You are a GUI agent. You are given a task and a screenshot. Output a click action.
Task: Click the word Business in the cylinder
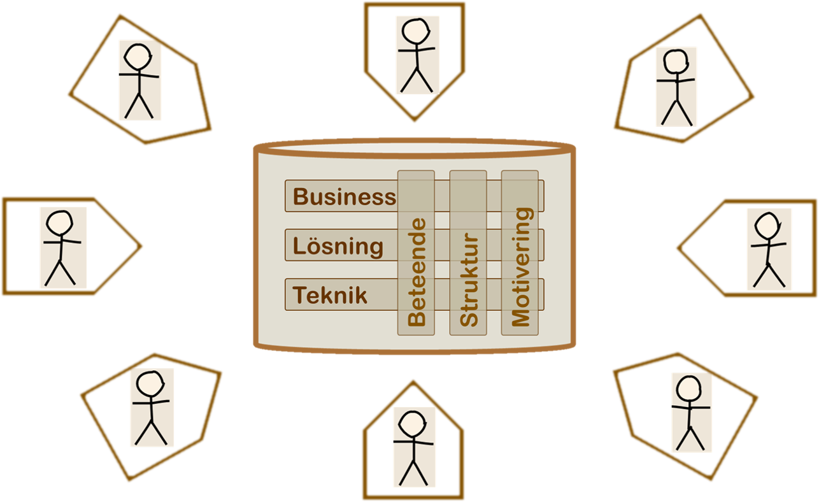point(345,197)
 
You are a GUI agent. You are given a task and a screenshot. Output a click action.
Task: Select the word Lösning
point(338,247)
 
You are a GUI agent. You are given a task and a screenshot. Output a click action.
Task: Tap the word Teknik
point(330,295)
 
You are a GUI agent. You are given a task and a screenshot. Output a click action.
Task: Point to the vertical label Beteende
point(417,272)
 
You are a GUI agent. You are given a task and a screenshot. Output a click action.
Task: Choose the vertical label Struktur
point(469,280)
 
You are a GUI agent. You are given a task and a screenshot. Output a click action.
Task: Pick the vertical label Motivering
point(521,266)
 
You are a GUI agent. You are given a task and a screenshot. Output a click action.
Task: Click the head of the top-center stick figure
point(416,31)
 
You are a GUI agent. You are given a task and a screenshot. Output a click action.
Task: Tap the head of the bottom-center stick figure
point(413,424)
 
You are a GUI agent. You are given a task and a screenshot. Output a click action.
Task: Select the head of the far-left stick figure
point(59,223)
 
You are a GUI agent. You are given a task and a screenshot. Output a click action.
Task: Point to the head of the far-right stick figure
point(767,226)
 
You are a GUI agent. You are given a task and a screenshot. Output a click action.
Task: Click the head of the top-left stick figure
point(138,57)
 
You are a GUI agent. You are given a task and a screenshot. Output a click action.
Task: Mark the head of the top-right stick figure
point(676,61)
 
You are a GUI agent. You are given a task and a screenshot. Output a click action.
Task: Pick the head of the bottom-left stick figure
point(150,384)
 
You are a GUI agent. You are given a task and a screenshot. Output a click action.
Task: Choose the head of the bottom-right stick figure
point(689,389)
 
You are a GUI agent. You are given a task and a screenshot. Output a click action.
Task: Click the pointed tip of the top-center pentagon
point(414,120)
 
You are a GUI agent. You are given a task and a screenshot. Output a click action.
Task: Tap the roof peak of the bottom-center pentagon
point(413,383)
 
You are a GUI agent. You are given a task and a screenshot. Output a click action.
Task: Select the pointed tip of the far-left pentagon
point(140,246)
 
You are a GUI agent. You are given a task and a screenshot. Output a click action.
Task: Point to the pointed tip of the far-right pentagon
point(679,248)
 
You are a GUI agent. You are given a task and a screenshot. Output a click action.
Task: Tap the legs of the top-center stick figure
point(417,80)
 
